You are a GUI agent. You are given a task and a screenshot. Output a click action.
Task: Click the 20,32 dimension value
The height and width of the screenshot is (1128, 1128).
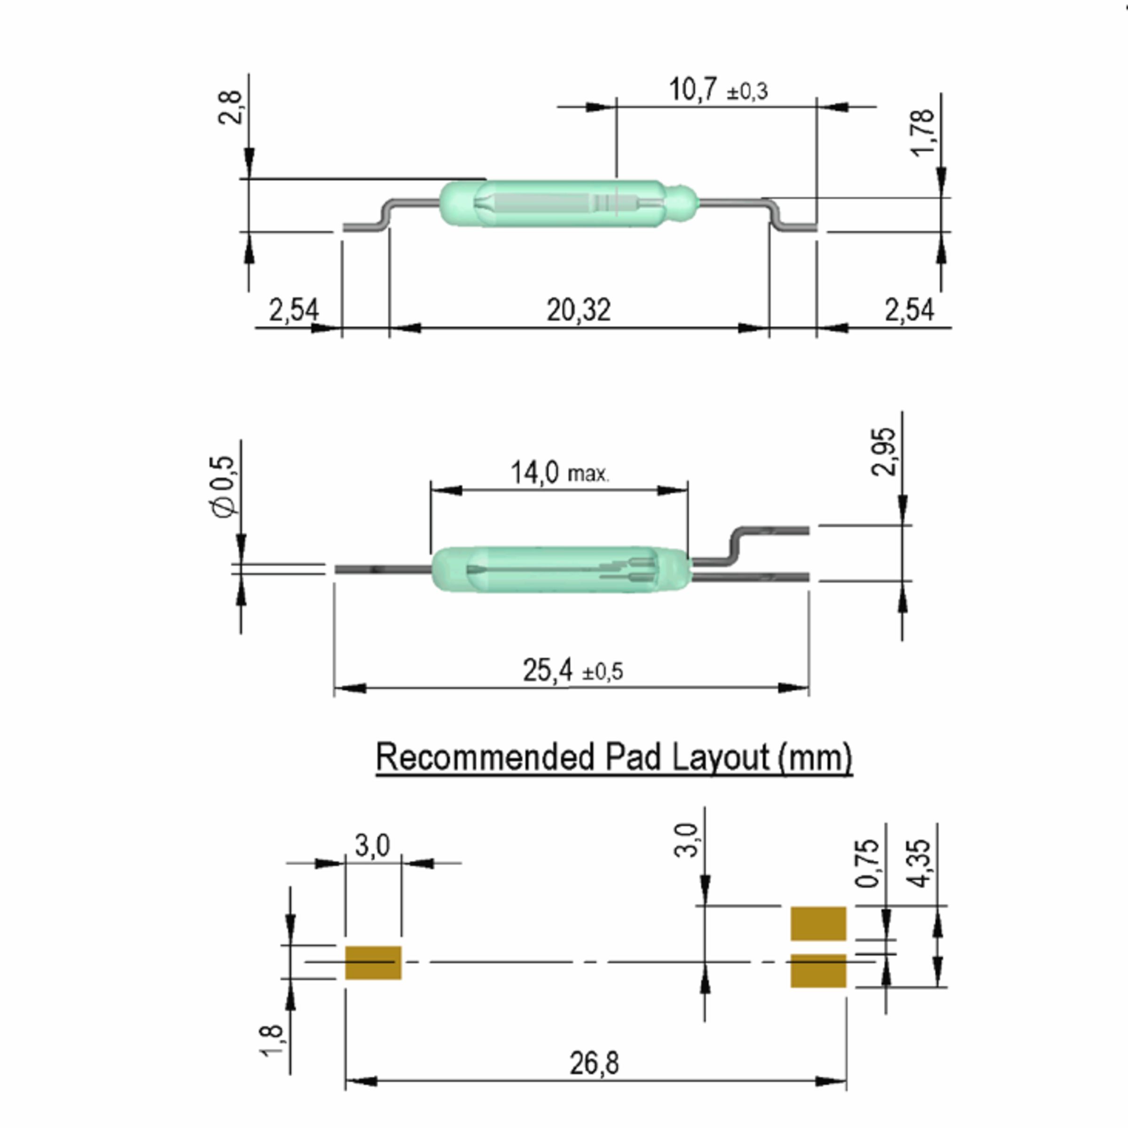tap(578, 310)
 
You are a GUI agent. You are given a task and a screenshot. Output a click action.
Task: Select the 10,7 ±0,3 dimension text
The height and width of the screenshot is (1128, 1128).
tap(718, 90)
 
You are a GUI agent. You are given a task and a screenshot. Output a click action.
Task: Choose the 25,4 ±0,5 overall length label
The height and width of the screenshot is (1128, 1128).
tap(572, 670)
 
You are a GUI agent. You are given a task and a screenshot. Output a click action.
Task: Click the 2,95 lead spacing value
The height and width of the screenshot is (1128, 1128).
tap(883, 451)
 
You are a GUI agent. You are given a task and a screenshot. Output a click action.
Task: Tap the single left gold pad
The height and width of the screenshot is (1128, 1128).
tap(373, 962)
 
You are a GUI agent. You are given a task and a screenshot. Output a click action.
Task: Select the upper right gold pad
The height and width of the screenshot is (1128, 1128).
tap(818, 923)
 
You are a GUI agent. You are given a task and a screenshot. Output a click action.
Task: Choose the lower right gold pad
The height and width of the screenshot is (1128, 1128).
tap(818, 971)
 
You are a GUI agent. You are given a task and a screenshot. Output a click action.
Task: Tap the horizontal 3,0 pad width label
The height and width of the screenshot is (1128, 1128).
tap(372, 846)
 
